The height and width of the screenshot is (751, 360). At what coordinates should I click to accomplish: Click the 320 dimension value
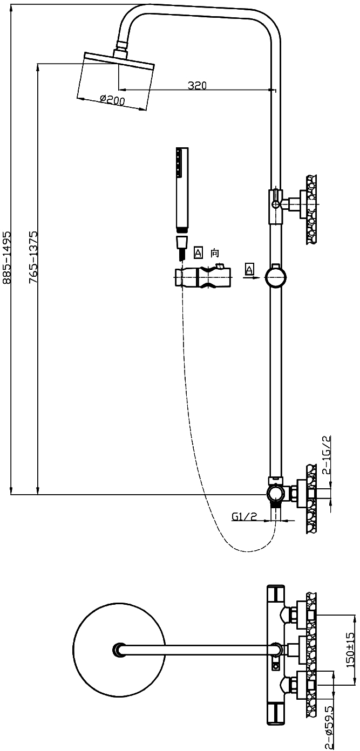point(197,85)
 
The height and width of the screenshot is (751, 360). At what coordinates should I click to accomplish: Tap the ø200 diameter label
point(112,100)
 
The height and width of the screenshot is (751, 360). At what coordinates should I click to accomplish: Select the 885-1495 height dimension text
point(6,257)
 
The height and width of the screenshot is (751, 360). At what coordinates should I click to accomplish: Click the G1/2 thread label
point(244,516)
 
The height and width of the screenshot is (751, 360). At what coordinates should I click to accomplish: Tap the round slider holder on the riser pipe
point(275,278)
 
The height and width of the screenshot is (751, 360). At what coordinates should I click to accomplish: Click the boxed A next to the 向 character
point(198,252)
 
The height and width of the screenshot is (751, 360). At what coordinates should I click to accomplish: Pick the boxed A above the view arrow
point(249,269)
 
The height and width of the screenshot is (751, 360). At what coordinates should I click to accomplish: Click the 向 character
point(215,252)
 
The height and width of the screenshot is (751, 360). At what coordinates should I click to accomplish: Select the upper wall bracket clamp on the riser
point(276,205)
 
